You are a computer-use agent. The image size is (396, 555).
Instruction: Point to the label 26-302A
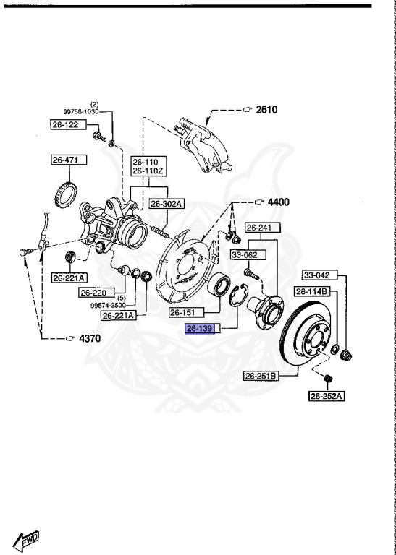(167, 205)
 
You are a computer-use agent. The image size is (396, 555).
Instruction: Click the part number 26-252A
(327, 395)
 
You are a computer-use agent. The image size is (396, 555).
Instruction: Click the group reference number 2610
(266, 110)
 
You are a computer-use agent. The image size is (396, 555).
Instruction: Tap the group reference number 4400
(277, 202)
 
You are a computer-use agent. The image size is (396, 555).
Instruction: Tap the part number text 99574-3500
(109, 305)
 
